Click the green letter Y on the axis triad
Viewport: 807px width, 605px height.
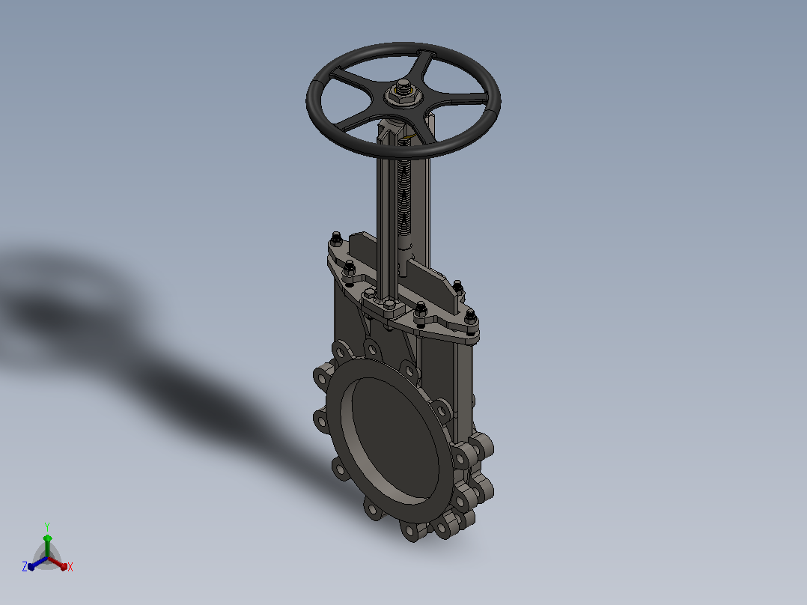(47, 526)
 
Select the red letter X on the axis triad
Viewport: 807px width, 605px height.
(70, 567)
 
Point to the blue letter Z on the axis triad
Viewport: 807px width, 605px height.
(24, 567)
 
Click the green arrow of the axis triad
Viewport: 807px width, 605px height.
(47, 546)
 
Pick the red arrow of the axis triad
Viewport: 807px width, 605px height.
(58, 563)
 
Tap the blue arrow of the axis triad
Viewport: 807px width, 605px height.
(37, 563)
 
